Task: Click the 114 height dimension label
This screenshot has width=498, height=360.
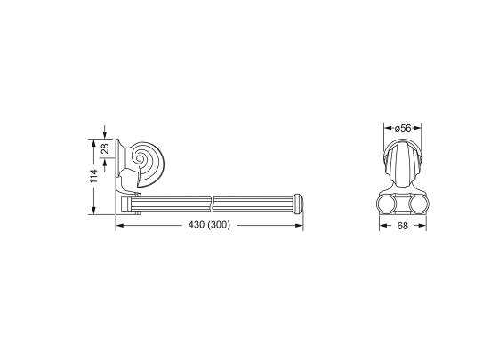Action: (x=93, y=176)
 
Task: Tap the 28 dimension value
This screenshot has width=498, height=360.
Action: (x=105, y=148)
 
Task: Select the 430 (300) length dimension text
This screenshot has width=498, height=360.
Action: (x=209, y=225)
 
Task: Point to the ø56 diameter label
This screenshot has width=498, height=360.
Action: (x=403, y=128)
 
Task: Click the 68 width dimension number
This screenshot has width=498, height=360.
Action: (x=402, y=226)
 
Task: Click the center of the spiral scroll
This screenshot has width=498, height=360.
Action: (x=140, y=158)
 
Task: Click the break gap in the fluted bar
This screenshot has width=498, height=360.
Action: (x=213, y=204)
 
